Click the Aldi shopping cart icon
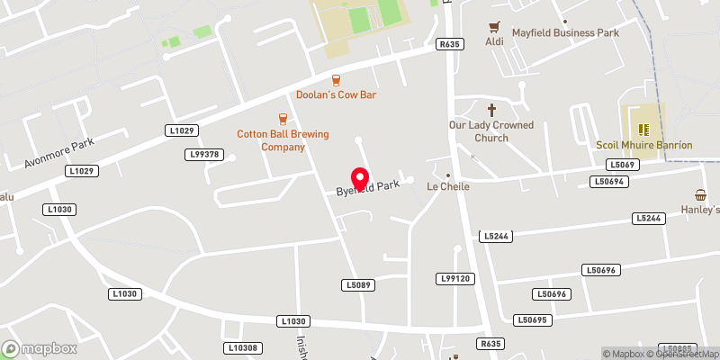(x=493, y=28)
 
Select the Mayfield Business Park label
(x=566, y=33)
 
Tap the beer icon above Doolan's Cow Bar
(x=336, y=79)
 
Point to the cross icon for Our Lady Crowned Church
(x=491, y=109)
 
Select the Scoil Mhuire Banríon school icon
(x=643, y=129)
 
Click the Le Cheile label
(x=448, y=187)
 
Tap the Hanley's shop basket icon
(x=700, y=194)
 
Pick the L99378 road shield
(x=205, y=154)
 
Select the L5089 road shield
(x=357, y=284)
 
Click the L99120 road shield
(x=454, y=279)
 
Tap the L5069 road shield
(x=622, y=165)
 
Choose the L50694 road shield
(x=608, y=181)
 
